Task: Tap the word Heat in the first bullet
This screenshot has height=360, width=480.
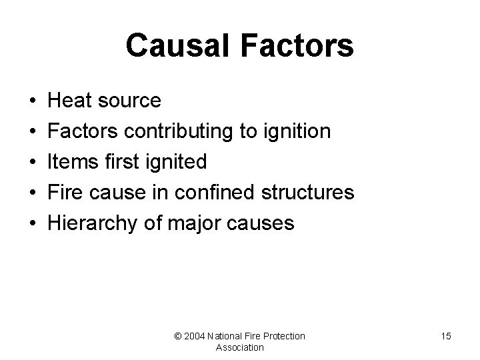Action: pos(70,101)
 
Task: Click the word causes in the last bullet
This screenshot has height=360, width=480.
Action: pos(260,223)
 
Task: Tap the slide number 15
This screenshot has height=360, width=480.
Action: pos(445,336)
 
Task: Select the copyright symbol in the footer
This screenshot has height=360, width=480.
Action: pos(178,336)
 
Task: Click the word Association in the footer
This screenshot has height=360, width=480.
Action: pos(240,347)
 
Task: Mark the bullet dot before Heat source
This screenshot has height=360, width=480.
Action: pos(33,101)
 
